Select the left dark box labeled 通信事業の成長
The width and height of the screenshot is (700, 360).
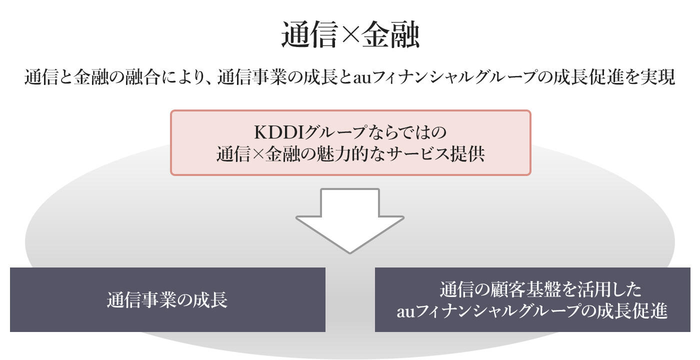tap(167, 299)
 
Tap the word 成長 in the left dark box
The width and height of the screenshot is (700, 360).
tap(212, 299)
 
